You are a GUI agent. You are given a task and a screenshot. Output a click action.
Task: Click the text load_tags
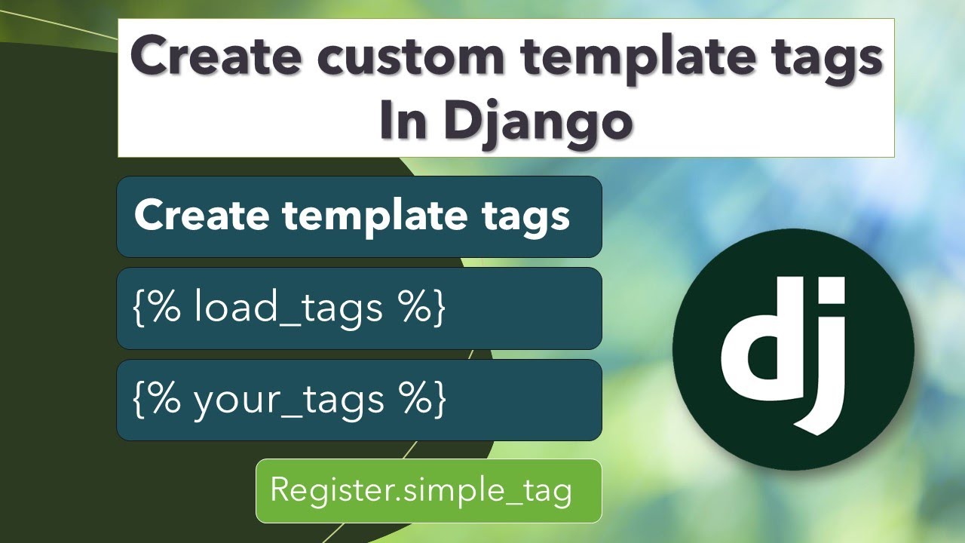pyautogui.click(x=289, y=308)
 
